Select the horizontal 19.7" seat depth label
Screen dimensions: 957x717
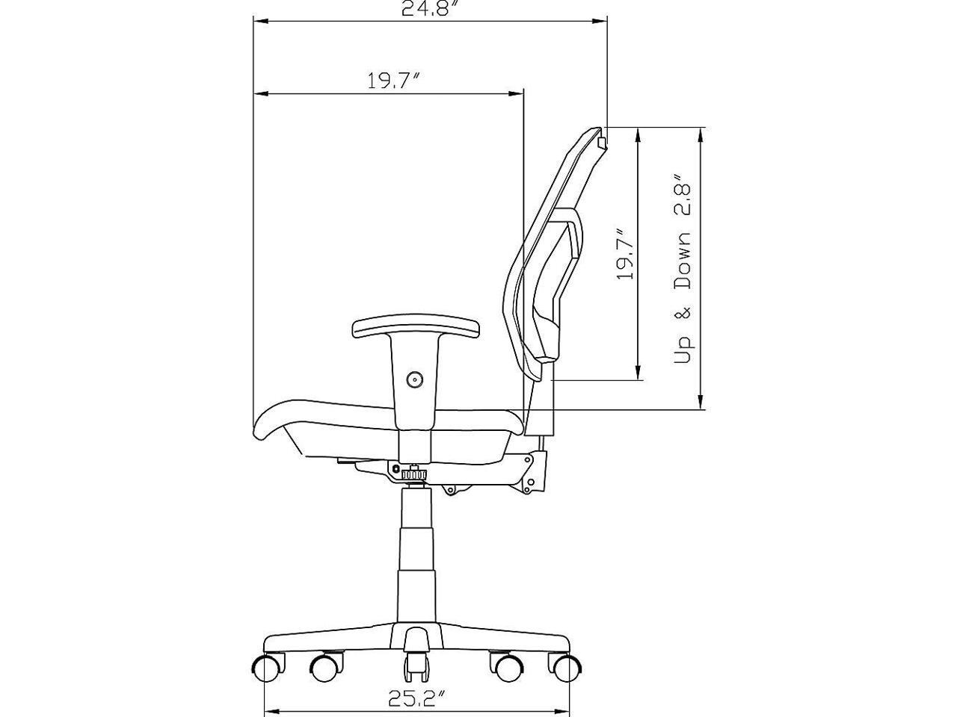[395, 81]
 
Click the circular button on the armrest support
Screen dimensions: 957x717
[414, 379]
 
